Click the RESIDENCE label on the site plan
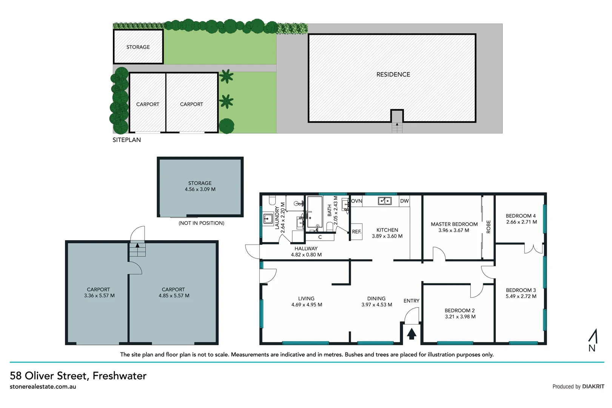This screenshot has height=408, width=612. (393, 74)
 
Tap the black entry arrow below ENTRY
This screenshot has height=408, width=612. (412, 334)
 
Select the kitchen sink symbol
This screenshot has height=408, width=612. (385, 201)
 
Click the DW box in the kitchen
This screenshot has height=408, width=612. (404, 201)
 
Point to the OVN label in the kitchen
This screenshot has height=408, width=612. (356, 201)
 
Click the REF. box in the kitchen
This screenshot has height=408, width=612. (356, 232)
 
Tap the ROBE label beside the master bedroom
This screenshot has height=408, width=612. (488, 227)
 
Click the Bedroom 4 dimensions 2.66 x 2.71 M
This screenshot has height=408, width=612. (521, 222)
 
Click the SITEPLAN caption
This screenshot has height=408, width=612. (126, 140)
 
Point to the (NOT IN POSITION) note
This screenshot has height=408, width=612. (201, 223)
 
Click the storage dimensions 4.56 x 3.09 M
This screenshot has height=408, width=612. (200, 189)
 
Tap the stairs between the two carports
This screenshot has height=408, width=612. (137, 249)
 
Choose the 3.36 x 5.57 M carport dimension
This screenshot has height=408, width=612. (99, 296)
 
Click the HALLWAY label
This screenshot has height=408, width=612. (306, 249)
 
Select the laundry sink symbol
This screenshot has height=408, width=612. (268, 218)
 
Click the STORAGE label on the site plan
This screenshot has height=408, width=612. (138, 47)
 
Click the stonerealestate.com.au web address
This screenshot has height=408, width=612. (43, 387)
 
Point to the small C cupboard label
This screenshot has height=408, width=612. (320, 237)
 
